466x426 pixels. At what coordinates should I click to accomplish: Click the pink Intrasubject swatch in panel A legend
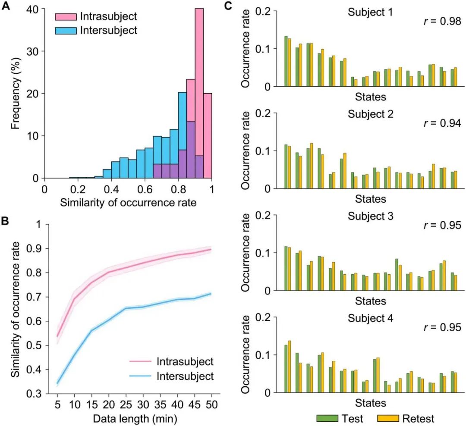click(65, 17)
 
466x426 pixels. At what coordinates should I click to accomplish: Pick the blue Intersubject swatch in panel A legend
click(65, 30)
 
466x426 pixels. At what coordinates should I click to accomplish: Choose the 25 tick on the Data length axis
click(125, 405)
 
